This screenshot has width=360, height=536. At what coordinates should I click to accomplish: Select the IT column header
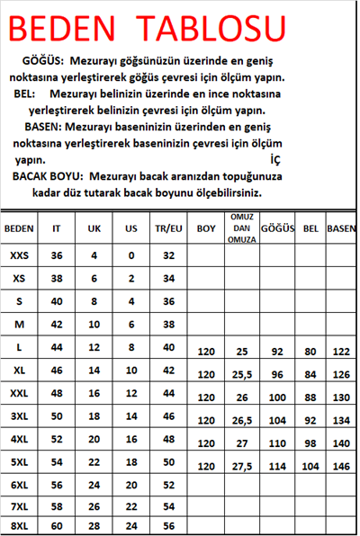57,228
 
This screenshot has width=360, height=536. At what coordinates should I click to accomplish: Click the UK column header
94,228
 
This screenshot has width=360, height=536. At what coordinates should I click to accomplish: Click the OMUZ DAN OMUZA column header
241,228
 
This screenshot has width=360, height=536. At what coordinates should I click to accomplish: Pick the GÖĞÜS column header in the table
278,228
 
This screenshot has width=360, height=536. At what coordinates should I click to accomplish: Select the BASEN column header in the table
341,228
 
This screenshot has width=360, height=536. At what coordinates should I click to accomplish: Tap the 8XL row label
19,526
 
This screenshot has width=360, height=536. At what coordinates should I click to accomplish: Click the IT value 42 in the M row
57,324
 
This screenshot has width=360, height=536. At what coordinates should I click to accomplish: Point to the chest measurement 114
277,467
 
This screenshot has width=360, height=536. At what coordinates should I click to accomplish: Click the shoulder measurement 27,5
241,467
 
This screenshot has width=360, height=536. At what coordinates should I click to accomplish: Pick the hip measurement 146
341,467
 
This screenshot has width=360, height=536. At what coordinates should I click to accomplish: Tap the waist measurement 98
311,443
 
